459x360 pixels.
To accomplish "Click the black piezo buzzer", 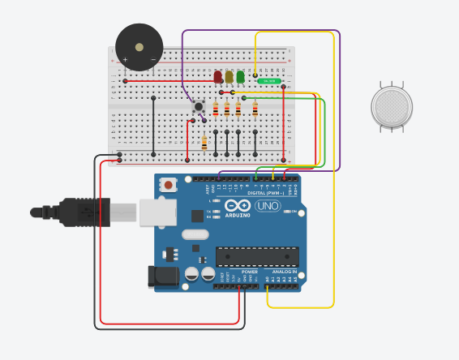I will point(139,47).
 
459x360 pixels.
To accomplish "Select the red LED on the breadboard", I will point(218,77).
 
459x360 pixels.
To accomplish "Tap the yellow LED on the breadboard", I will point(229,77).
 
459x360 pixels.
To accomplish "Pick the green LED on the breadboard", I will point(241,78).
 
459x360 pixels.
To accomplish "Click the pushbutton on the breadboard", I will point(197,106).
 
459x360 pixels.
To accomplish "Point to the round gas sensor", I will point(392,108).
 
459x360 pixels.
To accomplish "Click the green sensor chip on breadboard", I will point(268,81).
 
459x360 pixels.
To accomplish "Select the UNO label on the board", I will point(267,206).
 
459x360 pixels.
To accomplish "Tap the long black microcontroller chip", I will point(257,256).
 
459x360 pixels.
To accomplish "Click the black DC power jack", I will point(162,276).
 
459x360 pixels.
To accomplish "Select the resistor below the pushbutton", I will point(204,143).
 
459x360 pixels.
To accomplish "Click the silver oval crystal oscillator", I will point(195,235).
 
